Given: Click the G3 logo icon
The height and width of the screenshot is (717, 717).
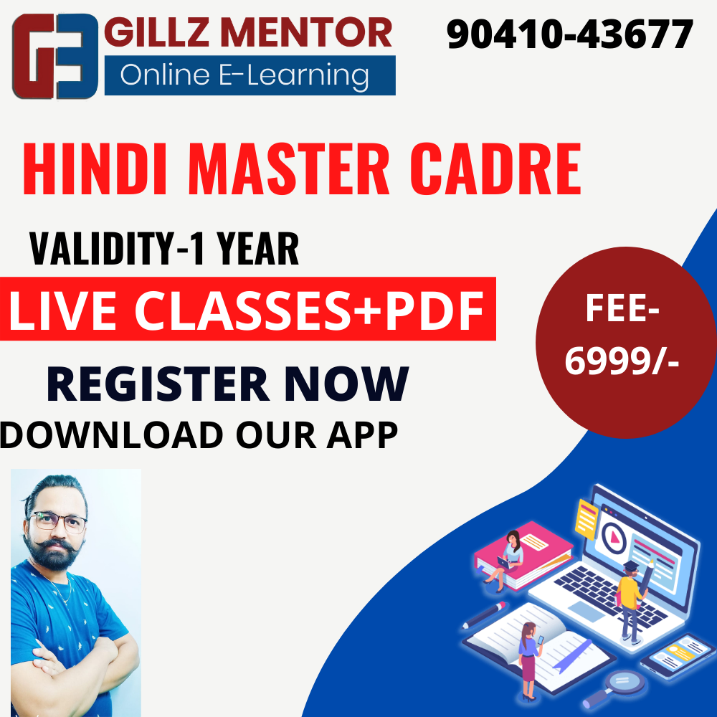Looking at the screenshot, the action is (55, 56).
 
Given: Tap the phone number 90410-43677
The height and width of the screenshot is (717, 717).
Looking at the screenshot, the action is (570, 34).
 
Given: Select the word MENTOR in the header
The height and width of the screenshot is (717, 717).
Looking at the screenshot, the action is (308, 32).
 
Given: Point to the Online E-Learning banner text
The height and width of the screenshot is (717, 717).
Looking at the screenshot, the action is (244, 75).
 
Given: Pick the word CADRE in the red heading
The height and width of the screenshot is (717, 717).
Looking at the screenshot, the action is (495, 168).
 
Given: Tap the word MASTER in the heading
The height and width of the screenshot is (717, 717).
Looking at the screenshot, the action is (289, 168).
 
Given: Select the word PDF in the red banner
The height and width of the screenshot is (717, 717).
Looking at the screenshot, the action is (435, 310).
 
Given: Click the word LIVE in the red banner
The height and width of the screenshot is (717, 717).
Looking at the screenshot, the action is (62, 310).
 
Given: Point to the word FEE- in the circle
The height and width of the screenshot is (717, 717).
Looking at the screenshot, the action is (622, 308).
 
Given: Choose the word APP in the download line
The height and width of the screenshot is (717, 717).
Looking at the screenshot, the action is (362, 435).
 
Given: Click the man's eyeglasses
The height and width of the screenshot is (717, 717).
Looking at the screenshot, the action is (57, 522).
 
